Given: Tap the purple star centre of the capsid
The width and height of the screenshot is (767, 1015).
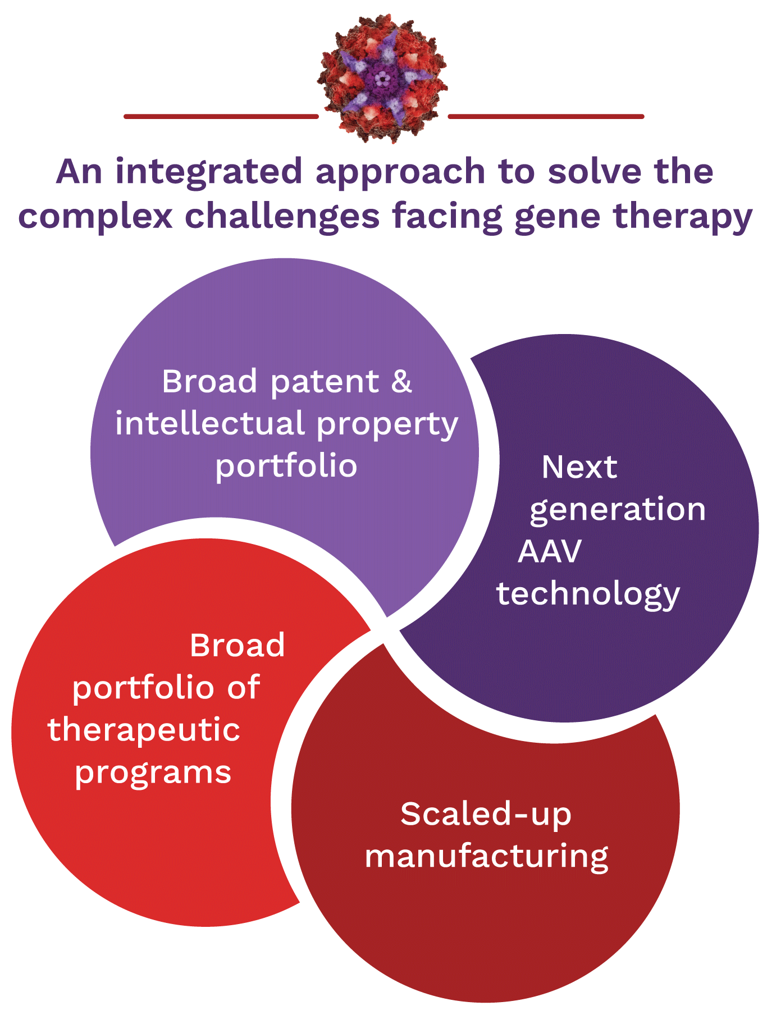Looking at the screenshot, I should pyautogui.click(x=382, y=79).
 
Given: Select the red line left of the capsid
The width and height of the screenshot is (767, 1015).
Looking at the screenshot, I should pyautogui.click(x=221, y=117).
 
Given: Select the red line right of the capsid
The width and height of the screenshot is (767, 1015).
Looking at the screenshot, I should pyautogui.click(x=546, y=117).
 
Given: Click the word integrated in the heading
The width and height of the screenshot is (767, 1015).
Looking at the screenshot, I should pyautogui.click(x=209, y=172).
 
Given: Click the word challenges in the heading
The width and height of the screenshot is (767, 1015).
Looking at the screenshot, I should pyautogui.click(x=282, y=217).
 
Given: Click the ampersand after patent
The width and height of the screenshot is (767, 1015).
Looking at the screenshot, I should pyautogui.click(x=401, y=382).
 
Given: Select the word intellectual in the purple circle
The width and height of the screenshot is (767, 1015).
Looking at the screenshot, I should pyautogui.click(x=211, y=423).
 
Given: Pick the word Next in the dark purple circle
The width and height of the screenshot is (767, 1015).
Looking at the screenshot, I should pyautogui.click(x=579, y=467).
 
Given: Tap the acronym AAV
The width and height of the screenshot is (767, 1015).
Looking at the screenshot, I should pyautogui.click(x=550, y=551).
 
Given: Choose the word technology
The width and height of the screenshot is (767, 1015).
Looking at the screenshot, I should pyautogui.click(x=588, y=594).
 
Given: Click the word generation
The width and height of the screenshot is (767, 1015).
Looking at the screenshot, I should pyautogui.click(x=618, y=510).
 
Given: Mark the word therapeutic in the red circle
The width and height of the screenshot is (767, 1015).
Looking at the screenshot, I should pyautogui.click(x=144, y=730).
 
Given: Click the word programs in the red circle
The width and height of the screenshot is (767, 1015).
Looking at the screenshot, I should pyautogui.click(x=153, y=773).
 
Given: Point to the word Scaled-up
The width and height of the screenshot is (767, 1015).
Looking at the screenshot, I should pyautogui.click(x=486, y=814).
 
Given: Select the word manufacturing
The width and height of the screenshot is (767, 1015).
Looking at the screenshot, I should pyautogui.click(x=486, y=857).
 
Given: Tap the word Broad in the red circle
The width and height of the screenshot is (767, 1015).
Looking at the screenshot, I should pyautogui.click(x=237, y=645).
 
